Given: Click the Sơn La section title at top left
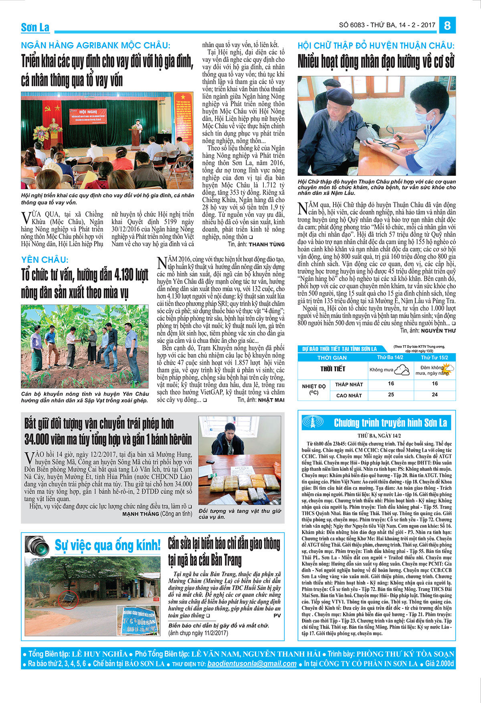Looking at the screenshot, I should [35, 27].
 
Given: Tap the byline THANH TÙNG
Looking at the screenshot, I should [267, 244].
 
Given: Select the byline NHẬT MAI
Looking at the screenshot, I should [271, 400].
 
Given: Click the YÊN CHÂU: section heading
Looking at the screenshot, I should [45, 260].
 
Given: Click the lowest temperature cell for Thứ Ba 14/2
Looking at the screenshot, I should [391, 384].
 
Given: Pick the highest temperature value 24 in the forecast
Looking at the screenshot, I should [435, 395].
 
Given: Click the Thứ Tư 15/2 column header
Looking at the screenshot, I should [435, 357].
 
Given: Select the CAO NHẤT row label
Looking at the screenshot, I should [349, 395].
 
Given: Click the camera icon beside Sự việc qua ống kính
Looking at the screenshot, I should [37, 546].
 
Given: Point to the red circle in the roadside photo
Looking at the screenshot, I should [66, 600].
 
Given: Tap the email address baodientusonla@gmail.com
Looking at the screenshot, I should [252, 664].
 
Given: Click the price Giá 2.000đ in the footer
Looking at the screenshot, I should [440, 664].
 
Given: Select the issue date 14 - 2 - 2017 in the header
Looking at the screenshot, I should [417, 25].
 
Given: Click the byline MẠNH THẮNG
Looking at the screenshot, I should [140, 514].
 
